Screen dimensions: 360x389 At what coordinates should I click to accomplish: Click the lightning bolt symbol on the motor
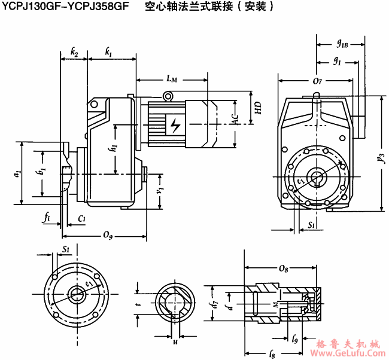[x=175, y=126]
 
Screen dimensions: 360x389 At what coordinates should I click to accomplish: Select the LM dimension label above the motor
[x=172, y=78]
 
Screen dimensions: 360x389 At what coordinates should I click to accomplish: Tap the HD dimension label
[x=259, y=108]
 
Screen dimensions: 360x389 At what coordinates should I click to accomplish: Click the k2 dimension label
[x=74, y=53]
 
